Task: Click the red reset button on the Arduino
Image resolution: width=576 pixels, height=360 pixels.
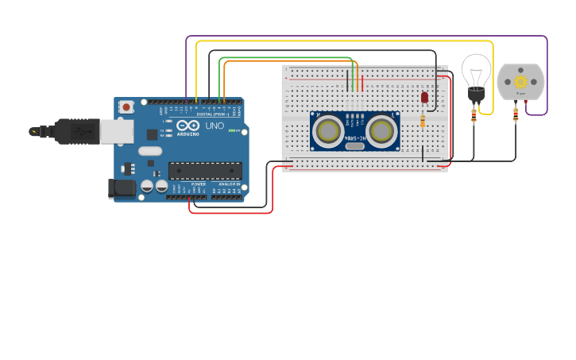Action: point(127,106)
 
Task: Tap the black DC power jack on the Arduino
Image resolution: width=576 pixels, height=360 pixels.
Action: point(119,188)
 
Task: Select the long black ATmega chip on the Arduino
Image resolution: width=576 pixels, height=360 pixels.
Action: point(205,170)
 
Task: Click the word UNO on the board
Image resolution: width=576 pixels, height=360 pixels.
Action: point(215,126)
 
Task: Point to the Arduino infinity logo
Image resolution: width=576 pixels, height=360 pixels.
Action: point(189,126)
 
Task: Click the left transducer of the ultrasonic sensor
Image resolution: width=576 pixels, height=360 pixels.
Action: point(327,131)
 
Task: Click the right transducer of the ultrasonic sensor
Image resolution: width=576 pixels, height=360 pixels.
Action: point(381,131)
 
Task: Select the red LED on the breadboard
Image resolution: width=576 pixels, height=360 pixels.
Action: point(424,97)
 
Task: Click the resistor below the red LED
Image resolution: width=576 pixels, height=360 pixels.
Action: point(423,121)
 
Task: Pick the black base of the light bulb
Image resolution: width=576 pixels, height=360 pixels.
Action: point(476,95)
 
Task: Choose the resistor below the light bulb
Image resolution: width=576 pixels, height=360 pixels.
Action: point(474,116)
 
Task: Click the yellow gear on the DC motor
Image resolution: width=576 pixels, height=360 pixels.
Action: point(521,81)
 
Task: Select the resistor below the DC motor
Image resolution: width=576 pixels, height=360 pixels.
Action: point(516,115)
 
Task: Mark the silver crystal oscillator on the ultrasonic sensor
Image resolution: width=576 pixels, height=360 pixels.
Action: point(354,145)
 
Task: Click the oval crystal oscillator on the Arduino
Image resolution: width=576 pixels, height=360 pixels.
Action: point(149,150)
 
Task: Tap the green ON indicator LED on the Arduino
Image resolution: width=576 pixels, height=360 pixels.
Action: point(234,130)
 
